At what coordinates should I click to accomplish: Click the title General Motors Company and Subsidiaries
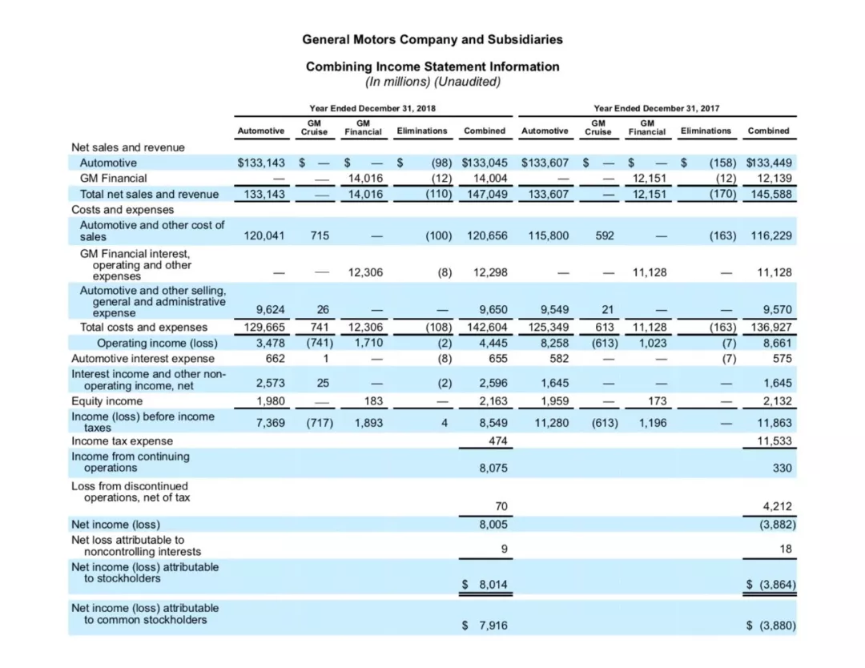(x=432, y=40)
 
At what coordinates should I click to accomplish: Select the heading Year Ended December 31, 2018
(x=372, y=108)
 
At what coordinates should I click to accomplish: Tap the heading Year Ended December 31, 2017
(x=657, y=108)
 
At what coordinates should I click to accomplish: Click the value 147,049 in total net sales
(x=487, y=194)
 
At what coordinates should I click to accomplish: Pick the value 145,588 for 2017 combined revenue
(x=771, y=194)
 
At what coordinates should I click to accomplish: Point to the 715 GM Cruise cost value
(x=320, y=235)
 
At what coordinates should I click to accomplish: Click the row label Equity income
(x=107, y=401)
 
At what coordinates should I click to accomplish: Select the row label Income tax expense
(x=122, y=441)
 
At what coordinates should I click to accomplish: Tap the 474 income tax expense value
(x=497, y=441)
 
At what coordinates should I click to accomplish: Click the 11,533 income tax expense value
(x=774, y=441)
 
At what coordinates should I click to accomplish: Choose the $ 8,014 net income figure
(x=485, y=584)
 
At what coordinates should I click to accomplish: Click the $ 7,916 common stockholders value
(x=485, y=626)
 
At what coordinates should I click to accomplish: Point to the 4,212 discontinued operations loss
(x=777, y=506)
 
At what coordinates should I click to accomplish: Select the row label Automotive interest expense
(x=143, y=359)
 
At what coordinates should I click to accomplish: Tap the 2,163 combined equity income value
(x=493, y=401)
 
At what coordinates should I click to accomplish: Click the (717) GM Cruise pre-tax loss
(x=320, y=423)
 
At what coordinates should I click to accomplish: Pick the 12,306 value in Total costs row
(x=365, y=327)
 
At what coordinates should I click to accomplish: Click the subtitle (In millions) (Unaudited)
(x=432, y=82)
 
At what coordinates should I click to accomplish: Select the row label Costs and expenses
(x=123, y=210)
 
